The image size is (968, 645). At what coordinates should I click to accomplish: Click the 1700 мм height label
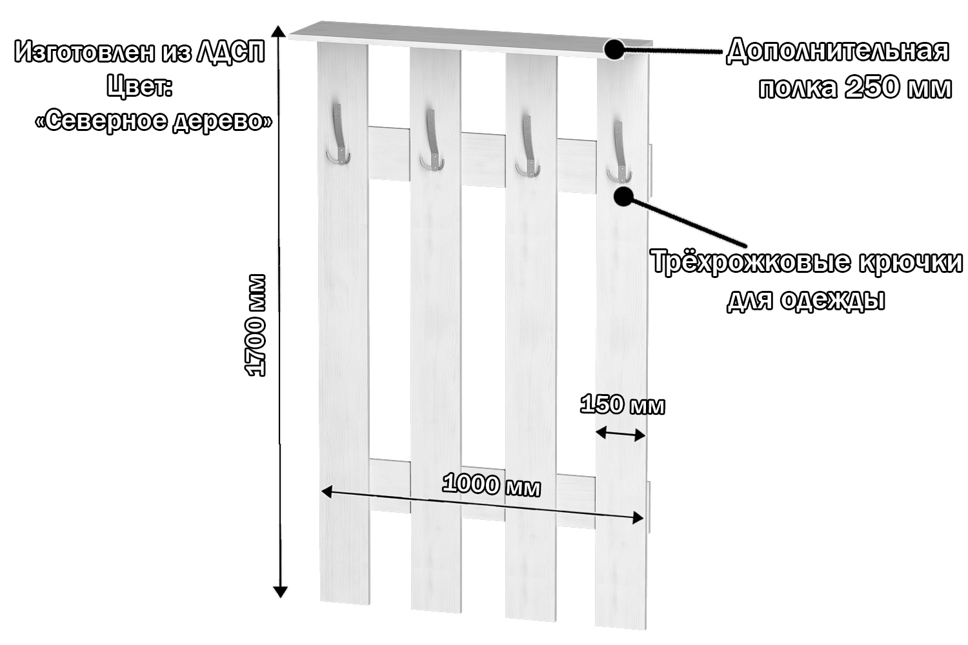256,325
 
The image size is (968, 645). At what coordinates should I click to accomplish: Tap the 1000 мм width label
492,485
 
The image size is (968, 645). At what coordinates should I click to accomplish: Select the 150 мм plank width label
622,405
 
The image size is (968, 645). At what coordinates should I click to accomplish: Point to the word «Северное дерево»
154,121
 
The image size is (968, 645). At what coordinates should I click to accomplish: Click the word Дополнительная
838,51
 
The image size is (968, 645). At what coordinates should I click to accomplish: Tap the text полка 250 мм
854,88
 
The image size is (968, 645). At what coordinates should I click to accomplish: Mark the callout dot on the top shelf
614,49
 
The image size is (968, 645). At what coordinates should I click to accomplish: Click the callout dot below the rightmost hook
623,196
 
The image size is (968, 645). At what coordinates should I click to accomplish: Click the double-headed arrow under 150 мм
620,433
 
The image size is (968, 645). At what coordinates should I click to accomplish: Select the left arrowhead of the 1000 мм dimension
327,492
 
